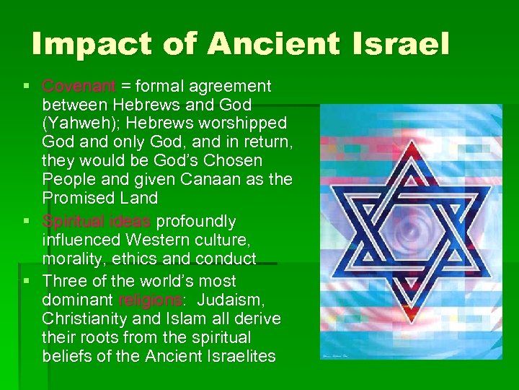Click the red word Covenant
coord(79,87)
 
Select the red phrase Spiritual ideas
coord(97,221)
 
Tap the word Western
coord(151,240)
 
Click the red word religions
coord(150,300)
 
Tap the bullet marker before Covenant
coord(27,87)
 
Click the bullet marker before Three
coord(27,280)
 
